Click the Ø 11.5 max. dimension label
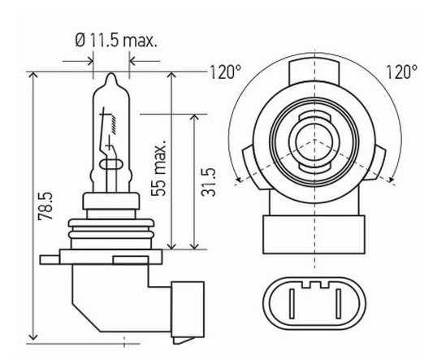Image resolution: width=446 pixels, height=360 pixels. pos(116,41)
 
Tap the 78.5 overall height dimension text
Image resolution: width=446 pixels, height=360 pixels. pos(45,206)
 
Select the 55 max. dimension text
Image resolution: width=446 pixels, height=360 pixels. pos(158,167)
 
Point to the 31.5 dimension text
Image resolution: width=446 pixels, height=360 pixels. pos(208,182)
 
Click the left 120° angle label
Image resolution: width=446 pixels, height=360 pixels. pos(225,72)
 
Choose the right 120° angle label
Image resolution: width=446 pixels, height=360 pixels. pos(401,72)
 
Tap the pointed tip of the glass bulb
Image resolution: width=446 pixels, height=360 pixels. pos(111,74)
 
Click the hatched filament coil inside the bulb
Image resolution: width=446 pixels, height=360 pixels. pos(114,124)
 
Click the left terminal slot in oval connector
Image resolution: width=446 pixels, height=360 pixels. pos(292,304)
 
